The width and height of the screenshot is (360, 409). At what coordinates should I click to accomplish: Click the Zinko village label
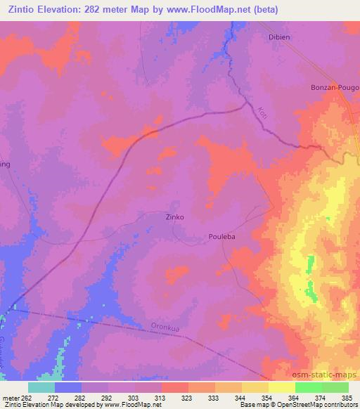click(x=174, y=217)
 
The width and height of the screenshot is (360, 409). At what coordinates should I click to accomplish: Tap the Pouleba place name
click(x=221, y=237)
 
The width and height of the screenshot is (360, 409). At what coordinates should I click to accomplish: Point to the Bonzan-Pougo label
click(x=335, y=88)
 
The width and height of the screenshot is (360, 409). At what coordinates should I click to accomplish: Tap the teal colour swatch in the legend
click(x=41, y=387)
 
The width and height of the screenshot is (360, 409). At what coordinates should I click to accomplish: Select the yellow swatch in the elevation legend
click(x=281, y=387)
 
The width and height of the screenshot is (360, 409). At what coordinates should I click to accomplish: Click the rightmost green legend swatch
click(x=335, y=387)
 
